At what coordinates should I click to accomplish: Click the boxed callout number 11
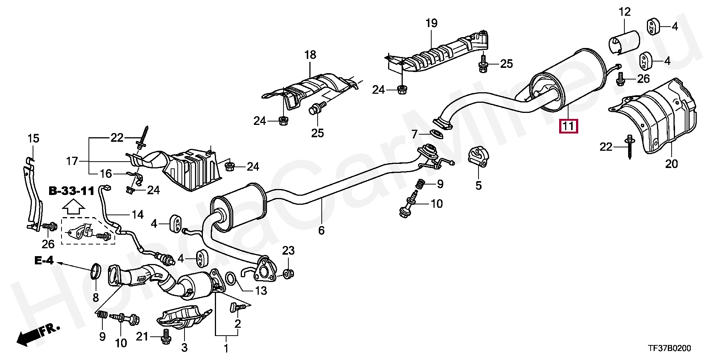coord(568,126)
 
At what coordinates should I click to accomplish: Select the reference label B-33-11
coord(71,191)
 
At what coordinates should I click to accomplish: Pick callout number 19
coord(432,24)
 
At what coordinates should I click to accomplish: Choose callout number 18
coord(310,55)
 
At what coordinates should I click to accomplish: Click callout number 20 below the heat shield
coord(672,164)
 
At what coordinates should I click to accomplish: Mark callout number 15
coord(33,138)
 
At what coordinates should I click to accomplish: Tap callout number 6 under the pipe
coord(321,230)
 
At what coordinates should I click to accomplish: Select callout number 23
coord(288,250)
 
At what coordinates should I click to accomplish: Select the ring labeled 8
coord(96,271)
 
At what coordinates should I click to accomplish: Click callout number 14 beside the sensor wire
coord(138,214)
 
